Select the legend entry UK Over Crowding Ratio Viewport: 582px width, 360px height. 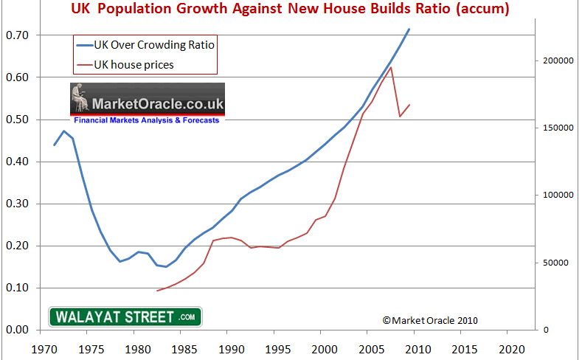tap(154, 44)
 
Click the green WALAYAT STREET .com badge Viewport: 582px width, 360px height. tap(125, 317)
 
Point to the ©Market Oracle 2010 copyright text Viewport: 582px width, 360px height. tap(431, 320)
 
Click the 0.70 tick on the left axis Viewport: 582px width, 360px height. tap(17, 35)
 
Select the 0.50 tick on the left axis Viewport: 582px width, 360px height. tap(17, 120)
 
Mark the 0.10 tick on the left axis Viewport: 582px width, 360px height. tap(17, 288)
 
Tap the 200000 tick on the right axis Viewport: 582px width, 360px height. tap(559, 60)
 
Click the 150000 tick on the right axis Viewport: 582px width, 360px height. tap(559, 128)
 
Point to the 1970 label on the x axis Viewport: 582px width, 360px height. tap(43, 347)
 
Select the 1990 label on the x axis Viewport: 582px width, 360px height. tap(229, 347)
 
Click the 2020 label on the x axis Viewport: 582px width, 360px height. tap(509, 347)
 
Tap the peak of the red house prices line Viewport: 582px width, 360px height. tap(391, 67)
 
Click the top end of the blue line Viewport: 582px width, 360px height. tap(409, 30)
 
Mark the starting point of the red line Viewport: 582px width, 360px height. tap(157, 291)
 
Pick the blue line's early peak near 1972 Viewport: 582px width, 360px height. tap(64, 131)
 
